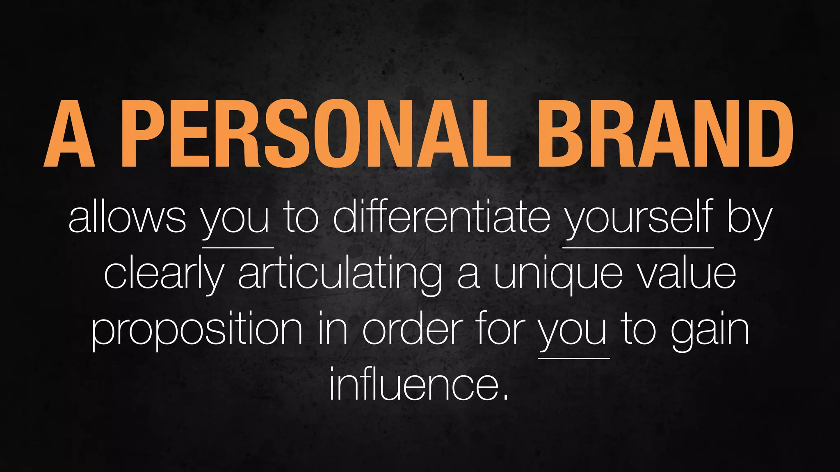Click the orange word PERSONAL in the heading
click(316, 135)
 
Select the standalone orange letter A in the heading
click(69, 135)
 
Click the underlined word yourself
click(638, 219)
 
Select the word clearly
click(164, 275)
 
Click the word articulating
click(340, 275)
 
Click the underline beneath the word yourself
click(638, 247)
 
